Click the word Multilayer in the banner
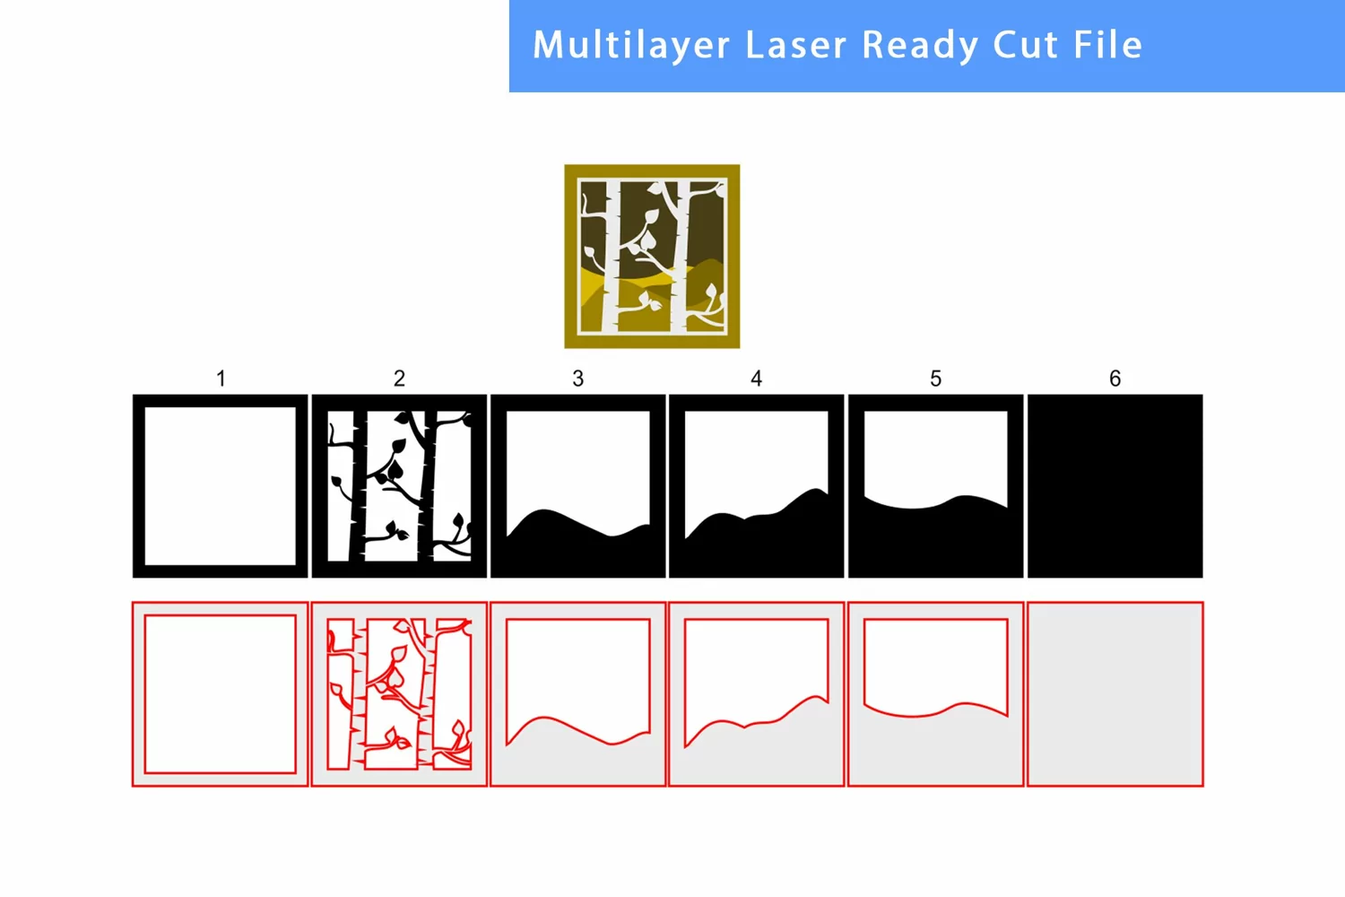coord(631,45)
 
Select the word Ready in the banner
coord(920,46)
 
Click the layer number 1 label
coord(221,379)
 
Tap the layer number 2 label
coord(399,379)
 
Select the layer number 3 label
coord(577,379)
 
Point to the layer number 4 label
coord(756,379)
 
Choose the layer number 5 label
coord(935,379)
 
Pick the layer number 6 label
coord(1115,379)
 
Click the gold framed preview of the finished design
coord(652,257)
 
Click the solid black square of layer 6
coord(1115,486)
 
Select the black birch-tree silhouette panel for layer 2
coord(399,486)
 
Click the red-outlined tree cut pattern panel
coord(399,694)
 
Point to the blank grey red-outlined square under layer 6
coord(1115,694)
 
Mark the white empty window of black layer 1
coord(221,486)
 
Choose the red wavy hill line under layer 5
coord(935,710)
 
